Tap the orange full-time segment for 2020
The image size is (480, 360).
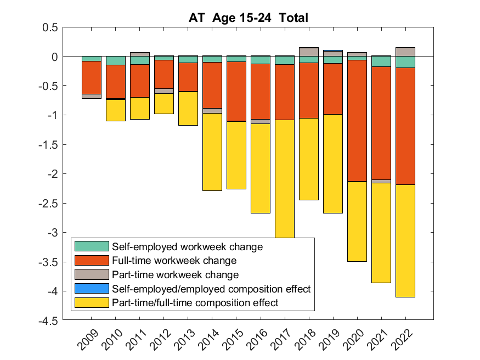tap(357, 121)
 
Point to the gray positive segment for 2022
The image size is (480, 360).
tap(405, 52)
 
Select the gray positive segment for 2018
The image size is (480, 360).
tap(309, 52)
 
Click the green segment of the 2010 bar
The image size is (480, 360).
tap(116, 60)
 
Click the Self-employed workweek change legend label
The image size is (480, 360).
tap(187, 246)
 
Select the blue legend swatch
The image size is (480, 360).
tap(91, 289)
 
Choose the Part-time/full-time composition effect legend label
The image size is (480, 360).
tap(195, 302)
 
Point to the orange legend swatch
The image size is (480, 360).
tap(91, 261)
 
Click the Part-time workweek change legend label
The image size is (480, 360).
tap(175, 274)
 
